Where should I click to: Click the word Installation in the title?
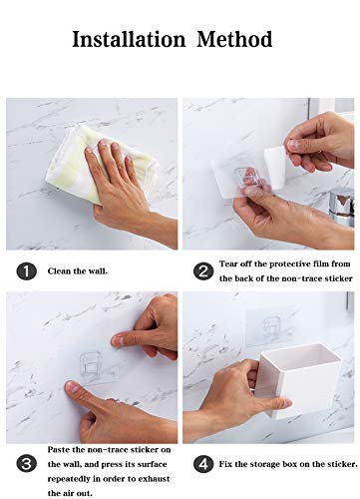point(128,40)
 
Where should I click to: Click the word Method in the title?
point(233,40)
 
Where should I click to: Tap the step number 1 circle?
point(27,270)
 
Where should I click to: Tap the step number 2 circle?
point(202,270)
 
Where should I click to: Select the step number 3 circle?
point(27,462)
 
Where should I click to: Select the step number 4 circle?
point(202,462)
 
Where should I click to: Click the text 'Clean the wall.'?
point(78,270)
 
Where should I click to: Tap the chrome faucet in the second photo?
point(342,205)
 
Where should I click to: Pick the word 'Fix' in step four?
point(226,462)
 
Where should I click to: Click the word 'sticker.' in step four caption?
point(339,462)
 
